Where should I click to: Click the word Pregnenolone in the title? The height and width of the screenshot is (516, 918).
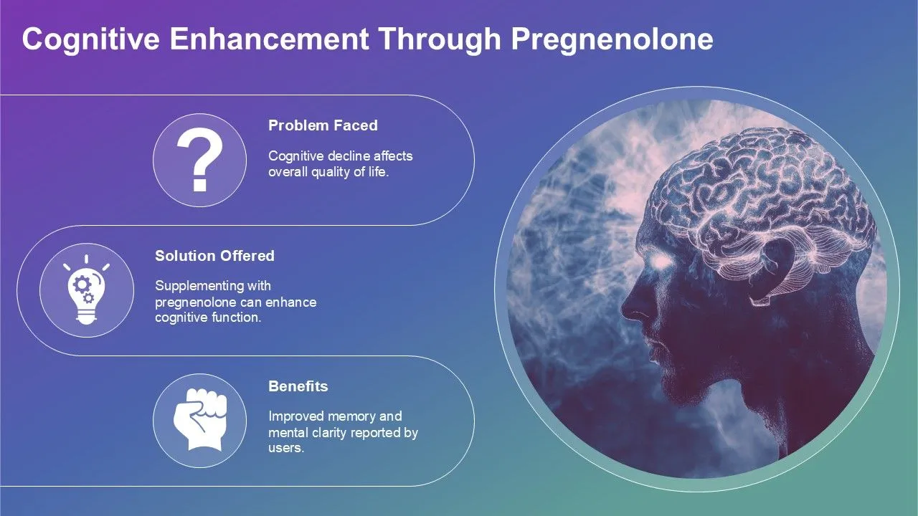612,40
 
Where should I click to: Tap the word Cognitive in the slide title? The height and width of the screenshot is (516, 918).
89,40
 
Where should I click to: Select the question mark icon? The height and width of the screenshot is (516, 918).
199,161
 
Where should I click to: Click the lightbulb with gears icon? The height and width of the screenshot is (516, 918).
86,290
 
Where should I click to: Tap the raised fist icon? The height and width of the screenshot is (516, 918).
199,419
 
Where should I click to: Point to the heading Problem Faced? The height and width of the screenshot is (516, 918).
323,125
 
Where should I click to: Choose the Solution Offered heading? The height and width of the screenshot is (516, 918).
214,256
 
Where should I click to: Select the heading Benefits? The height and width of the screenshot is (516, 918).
298,386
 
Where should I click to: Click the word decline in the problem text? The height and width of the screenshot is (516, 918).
347,156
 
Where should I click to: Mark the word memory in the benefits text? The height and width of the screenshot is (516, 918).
351,416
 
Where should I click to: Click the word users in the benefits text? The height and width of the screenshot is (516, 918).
285,448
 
